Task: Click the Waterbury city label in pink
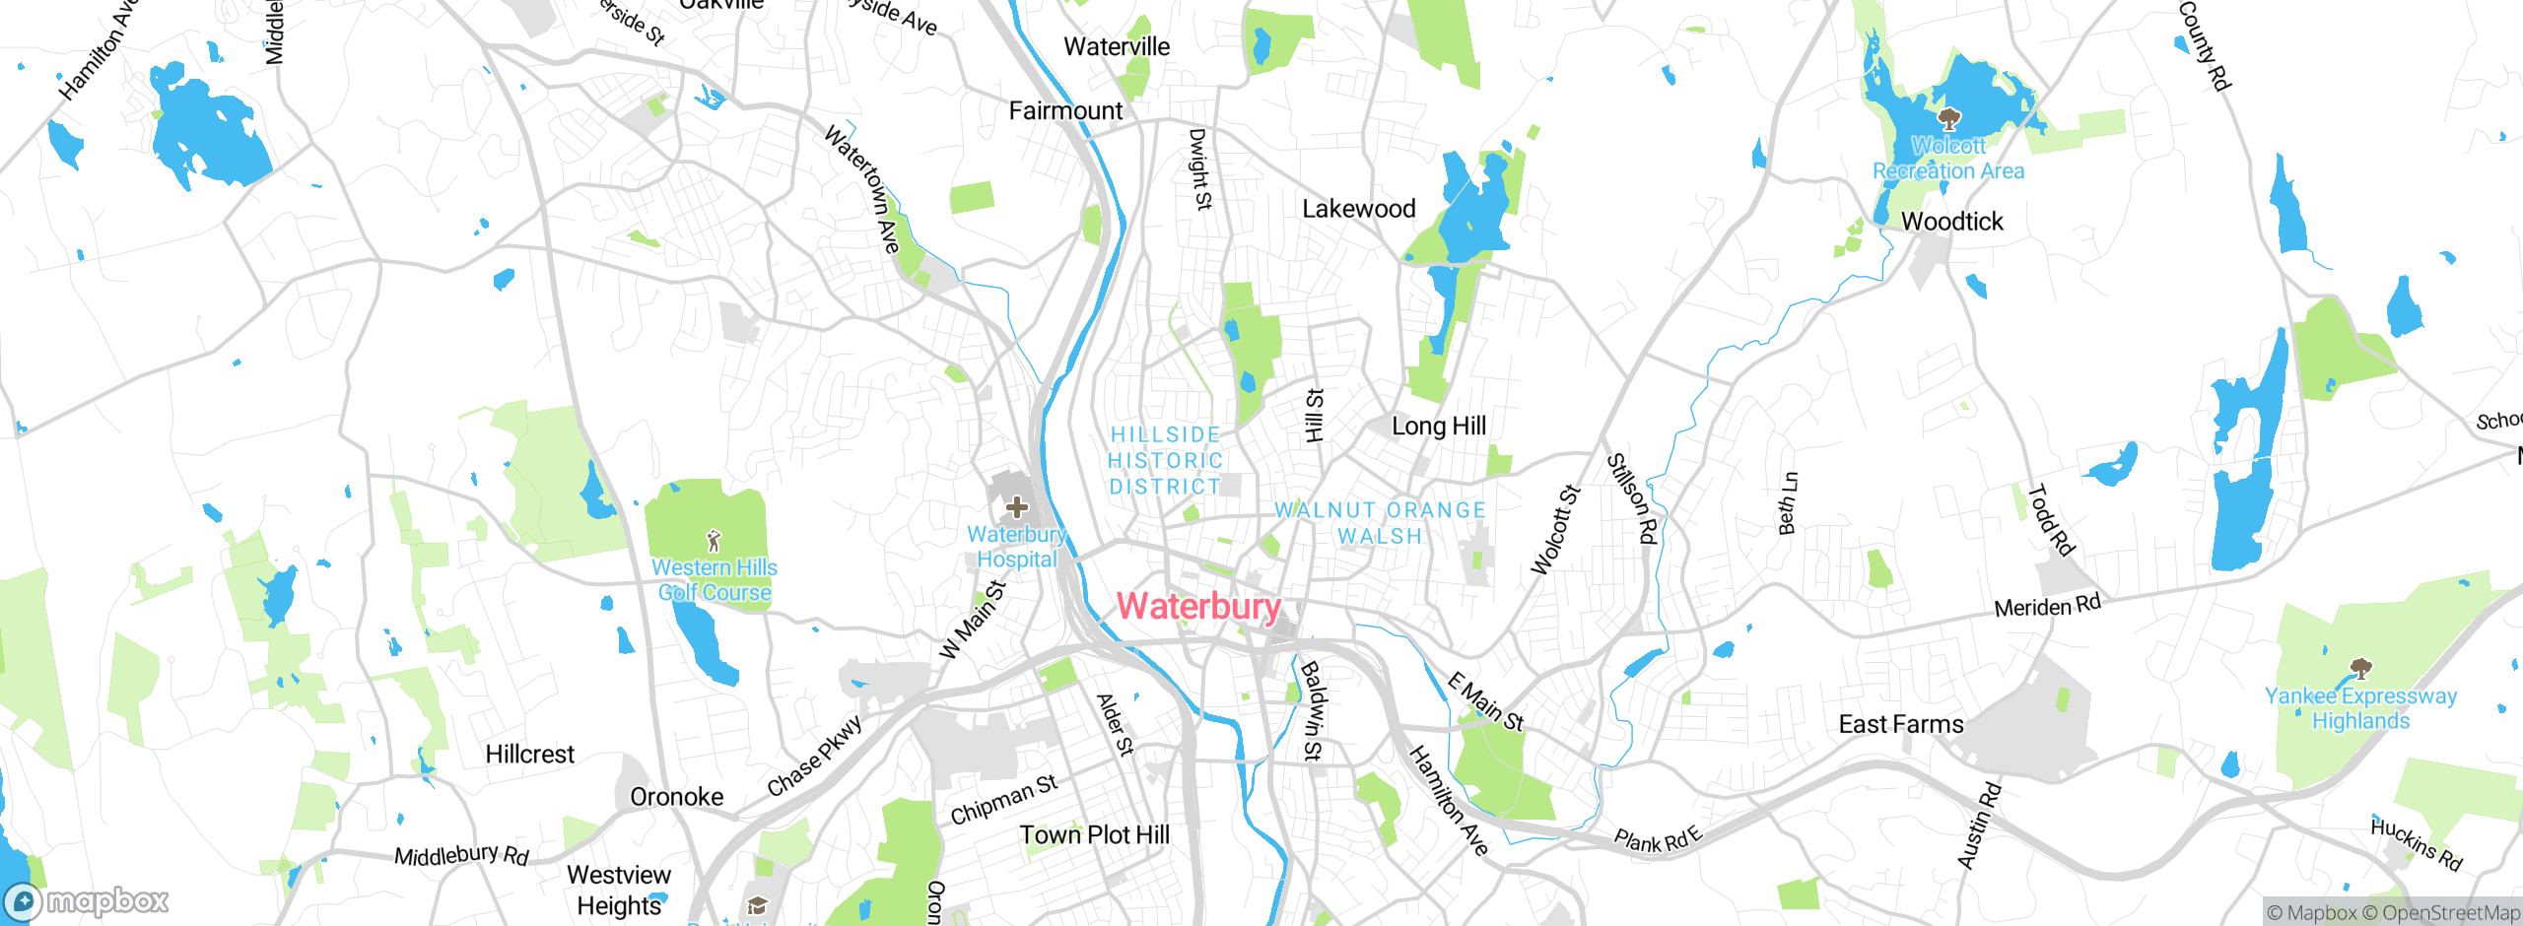point(1198,606)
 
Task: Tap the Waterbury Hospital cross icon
point(1017,508)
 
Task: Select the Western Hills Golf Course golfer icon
point(715,541)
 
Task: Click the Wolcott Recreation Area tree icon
point(1948,120)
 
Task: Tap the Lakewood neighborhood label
point(1359,209)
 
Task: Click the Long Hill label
point(1438,427)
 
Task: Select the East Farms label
point(1901,725)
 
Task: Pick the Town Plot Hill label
point(1094,835)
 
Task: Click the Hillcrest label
point(529,755)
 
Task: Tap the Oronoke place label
point(676,797)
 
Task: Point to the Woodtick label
point(1951,222)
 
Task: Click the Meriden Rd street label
point(2047,606)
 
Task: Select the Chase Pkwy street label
point(815,756)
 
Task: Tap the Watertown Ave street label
point(862,189)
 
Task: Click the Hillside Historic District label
point(1166,461)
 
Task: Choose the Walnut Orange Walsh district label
point(1380,523)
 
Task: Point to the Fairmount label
point(1065,111)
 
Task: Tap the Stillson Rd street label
point(1633,498)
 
